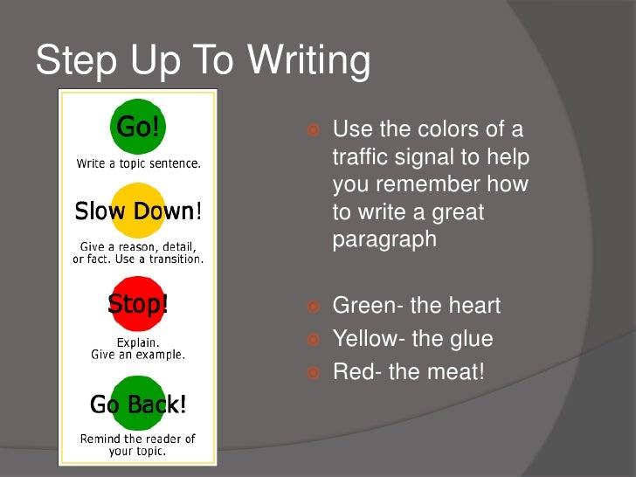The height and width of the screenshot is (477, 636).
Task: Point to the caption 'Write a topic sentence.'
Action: tap(138, 163)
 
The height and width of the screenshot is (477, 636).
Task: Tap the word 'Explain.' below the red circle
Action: tap(138, 342)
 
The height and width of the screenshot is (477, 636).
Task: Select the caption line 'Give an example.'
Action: tap(138, 355)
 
